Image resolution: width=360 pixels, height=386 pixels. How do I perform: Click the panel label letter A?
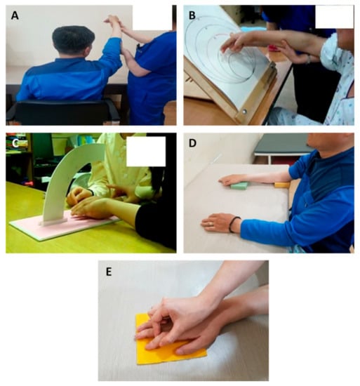click(x=15, y=15)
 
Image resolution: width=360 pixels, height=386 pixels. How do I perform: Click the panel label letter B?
click(x=192, y=15)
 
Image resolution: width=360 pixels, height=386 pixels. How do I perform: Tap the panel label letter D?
click(x=192, y=143)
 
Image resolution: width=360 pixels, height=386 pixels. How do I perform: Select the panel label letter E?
click(x=109, y=272)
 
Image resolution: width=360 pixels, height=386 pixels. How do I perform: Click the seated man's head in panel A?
click(x=73, y=40)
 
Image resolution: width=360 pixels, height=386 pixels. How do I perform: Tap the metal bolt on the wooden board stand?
click(x=244, y=112)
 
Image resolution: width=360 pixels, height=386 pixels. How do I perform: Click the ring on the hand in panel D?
click(x=211, y=224)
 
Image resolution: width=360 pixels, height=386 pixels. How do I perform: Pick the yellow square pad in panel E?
click(x=170, y=342)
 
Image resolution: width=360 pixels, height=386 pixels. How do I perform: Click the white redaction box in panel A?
click(x=152, y=18)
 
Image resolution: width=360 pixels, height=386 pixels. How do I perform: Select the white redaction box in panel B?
click(x=334, y=17)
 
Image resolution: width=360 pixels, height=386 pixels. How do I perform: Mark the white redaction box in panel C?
click(x=146, y=152)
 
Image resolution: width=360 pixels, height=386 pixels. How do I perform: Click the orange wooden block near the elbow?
click(x=282, y=185)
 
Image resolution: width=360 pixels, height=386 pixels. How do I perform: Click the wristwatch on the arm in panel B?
click(x=309, y=59)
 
